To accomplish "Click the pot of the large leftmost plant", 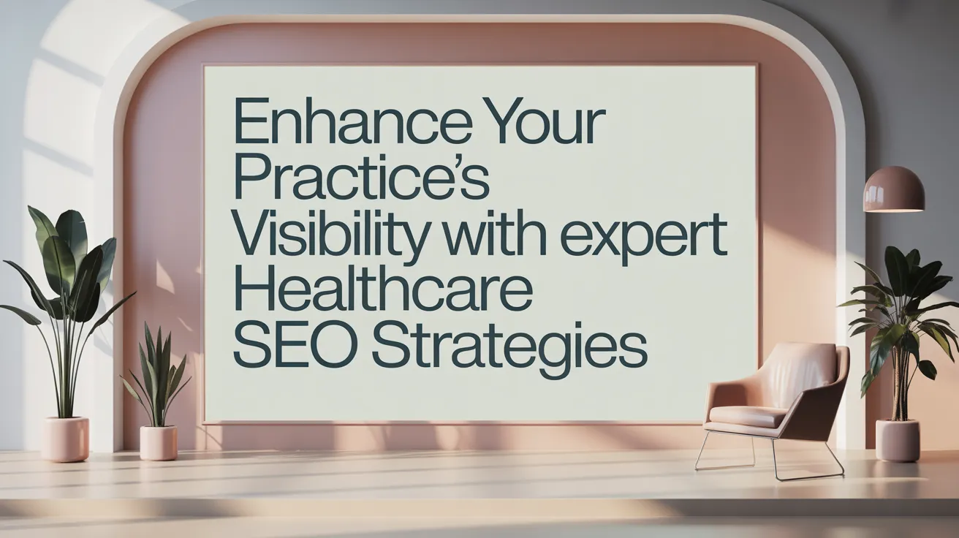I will pyautogui.click(x=65, y=439).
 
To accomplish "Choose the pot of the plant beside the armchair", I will pyautogui.click(x=898, y=440).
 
